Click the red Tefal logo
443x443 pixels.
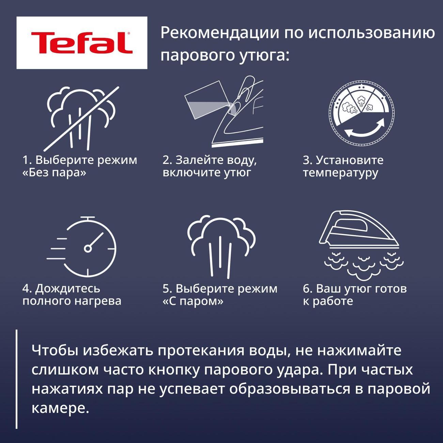tap(82, 43)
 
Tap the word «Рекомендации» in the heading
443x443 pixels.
tap(219, 33)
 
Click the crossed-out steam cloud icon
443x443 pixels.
tap(81, 119)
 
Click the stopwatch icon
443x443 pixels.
tap(81, 246)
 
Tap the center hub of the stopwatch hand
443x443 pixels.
tap(88, 248)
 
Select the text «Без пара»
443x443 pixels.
tap(54, 172)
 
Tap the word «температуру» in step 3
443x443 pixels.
tap(340, 173)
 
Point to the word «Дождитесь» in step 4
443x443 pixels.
tap(67, 289)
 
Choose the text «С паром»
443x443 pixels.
tap(193, 301)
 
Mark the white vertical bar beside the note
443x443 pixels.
tap(17, 379)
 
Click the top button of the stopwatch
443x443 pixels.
tap(88, 217)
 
